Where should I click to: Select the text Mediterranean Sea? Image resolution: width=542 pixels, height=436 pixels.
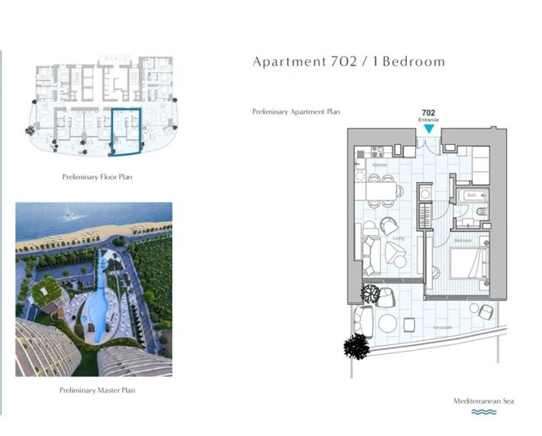[487, 401]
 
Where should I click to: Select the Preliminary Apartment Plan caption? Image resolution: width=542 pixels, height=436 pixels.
[297, 111]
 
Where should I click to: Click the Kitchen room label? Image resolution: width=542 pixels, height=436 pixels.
[379, 165]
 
